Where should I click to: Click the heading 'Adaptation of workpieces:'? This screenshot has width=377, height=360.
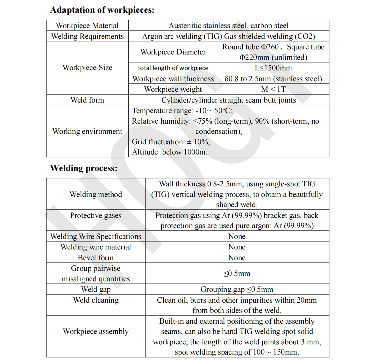(x=102, y=10)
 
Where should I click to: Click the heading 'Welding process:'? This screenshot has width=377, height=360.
(x=84, y=168)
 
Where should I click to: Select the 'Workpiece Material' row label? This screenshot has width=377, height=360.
(x=87, y=25)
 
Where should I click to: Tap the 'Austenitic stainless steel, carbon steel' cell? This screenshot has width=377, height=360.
(x=228, y=25)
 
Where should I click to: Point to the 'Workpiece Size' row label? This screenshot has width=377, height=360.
(x=87, y=68)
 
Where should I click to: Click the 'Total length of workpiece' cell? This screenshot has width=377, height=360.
(x=173, y=68)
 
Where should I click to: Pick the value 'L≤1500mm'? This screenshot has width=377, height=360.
(x=273, y=68)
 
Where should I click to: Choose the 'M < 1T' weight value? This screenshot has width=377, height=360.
(x=273, y=89)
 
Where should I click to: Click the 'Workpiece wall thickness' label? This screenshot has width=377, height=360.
(x=173, y=79)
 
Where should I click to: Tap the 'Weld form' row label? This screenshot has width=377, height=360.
(x=87, y=100)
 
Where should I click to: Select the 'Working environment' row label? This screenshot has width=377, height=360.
(x=87, y=131)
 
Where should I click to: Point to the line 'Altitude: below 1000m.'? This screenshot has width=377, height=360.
(x=169, y=152)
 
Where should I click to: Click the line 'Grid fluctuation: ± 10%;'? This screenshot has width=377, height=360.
(x=171, y=142)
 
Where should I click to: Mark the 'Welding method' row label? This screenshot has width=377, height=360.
(x=96, y=194)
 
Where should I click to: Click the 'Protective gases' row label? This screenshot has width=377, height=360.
(x=96, y=215)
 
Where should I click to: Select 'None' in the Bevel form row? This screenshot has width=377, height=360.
(x=237, y=258)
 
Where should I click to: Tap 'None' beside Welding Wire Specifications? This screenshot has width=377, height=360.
(x=237, y=236)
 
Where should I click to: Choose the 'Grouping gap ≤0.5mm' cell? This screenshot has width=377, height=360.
(x=237, y=289)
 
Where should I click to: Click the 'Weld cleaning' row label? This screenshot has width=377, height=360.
(x=96, y=300)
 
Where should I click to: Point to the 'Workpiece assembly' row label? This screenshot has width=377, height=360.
(x=96, y=331)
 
